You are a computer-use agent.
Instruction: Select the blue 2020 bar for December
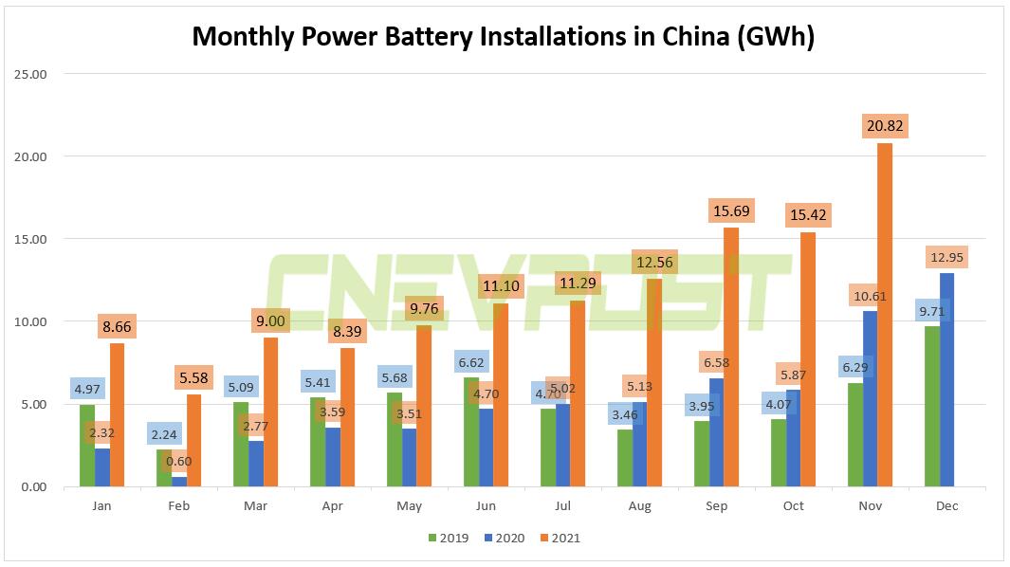coord(946,379)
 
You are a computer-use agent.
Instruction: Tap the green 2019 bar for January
coord(87,446)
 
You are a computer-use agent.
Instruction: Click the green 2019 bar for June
coord(471,431)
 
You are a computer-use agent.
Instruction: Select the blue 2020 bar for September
coord(717,436)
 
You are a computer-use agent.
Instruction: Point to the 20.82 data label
coord(884,126)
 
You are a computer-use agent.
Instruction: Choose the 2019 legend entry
coord(450,538)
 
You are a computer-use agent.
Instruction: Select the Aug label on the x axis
coord(640,506)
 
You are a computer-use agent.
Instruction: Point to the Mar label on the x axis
coord(256,506)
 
